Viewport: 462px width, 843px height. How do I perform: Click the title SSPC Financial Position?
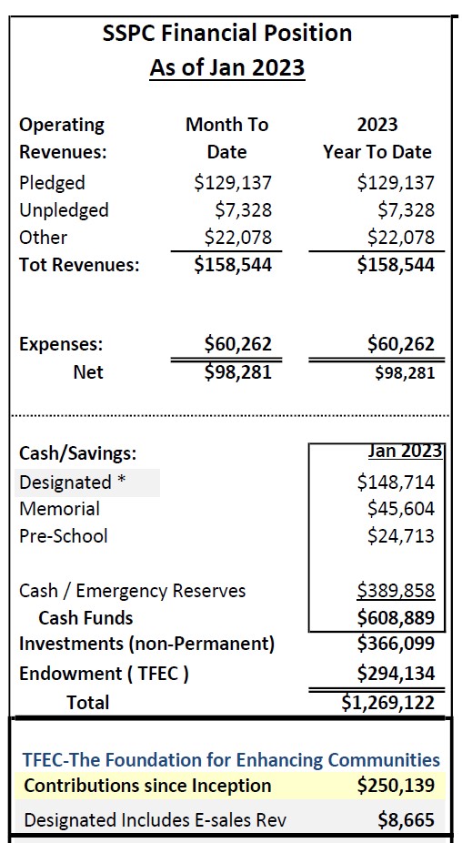pyautogui.click(x=227, y=34)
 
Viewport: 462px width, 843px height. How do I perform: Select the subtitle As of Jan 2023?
pyautogui.click(x=227, y=67)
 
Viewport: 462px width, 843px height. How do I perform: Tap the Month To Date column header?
pyautogui.click(x=227, y=137)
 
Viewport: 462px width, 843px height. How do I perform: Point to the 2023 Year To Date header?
pyautogui.click(x=377, y=137)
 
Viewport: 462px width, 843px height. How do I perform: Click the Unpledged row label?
pyautogui.click(x=64, y=210)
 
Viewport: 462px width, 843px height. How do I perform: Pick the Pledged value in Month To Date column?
pyautogui.click(x=233, y=183)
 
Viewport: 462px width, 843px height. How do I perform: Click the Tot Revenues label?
pyautogui.click(x=80, y=265)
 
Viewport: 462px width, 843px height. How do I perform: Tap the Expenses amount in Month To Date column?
pyautogui.click(x=237, y=344)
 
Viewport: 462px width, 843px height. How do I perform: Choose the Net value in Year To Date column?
pyautogui.click(x=404, y=372)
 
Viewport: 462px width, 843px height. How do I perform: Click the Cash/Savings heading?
pyautogui.click(x=77, y=453)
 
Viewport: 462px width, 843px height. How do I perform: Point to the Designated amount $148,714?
pyautogui.click(x=396, y=482)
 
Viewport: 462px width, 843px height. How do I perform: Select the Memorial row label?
pyautogui.click(x=59, y=509)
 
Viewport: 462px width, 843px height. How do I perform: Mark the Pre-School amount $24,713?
pyautogui.click(x=400, y=536)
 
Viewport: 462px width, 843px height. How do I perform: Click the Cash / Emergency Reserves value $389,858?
pyautogui.click(x=396, y=591)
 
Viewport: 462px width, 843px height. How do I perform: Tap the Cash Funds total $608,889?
pyautogui.click(x=396, y=618)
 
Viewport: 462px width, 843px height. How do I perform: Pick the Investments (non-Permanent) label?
pyautogui.click(x=146, y=644)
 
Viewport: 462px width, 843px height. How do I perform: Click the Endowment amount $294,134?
pyautogui.click(x=396, y=674)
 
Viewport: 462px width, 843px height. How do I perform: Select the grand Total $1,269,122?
pyautogui.click(x=387, y=702)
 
